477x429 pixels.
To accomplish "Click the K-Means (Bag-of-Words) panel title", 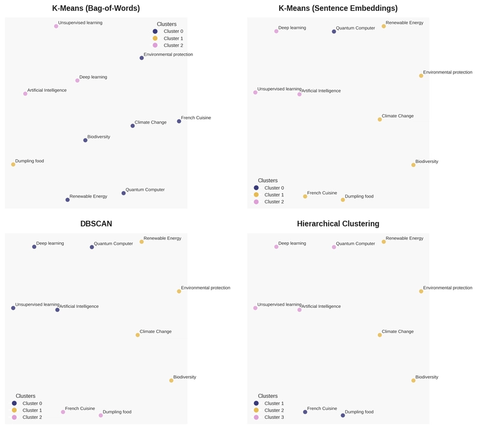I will pos(96,8).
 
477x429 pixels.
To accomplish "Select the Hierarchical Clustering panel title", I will pos(338,224).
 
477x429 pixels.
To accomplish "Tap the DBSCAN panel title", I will pos(96,224).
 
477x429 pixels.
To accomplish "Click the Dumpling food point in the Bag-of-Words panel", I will pos(13,164).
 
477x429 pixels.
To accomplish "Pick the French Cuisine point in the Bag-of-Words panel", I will pos(179,121).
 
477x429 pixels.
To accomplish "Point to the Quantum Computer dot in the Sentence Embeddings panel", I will pos(334,32).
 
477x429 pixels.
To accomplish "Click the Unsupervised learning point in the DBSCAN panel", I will pos(13,308).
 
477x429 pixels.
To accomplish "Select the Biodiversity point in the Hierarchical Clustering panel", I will pos(413,380).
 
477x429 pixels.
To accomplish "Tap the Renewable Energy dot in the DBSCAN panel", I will pos(141,242).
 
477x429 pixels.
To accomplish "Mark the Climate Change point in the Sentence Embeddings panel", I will pos(380,119).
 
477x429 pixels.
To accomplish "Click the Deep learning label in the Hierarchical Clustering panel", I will pos(292,243).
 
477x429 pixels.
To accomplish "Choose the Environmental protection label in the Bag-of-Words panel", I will pos(168,55).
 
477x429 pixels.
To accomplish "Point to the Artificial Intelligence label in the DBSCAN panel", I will pos(79,307).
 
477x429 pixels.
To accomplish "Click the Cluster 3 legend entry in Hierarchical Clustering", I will pos(274,417).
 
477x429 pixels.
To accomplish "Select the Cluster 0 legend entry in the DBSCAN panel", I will pos(32,403).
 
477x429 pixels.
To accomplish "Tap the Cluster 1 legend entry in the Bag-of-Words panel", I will pos(173,38).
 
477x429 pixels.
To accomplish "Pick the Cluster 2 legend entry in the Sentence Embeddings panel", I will pos(274,202).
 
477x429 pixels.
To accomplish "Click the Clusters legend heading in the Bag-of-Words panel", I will pos(166,24).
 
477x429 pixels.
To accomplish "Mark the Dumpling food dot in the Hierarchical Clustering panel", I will pos(343,415).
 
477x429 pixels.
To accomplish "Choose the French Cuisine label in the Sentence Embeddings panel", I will pos(322,193).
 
